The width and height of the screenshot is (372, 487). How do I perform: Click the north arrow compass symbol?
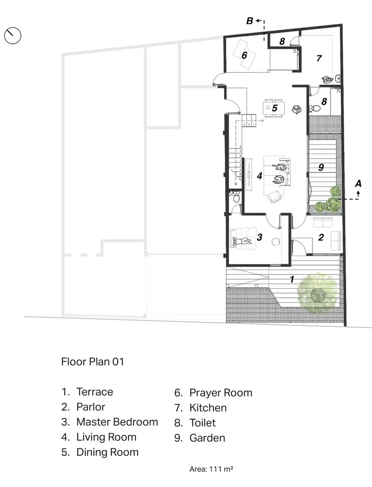(x=13, y=36)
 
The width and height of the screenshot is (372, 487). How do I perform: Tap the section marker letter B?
(x=249, y=21)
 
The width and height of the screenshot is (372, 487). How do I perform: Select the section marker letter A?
(x=358, y=184)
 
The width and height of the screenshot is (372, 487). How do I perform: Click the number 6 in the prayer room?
(x=244, y=56)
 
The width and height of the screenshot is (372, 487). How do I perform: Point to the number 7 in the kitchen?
(x=319, y=58)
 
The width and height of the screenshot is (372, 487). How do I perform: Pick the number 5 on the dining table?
(x=274, y=108)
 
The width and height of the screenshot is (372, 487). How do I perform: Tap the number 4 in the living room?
(x=260, y=176)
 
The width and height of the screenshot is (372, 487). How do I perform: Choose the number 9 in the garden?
(x=320, y=168)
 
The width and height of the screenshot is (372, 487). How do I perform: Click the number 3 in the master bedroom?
(x=260, y=237)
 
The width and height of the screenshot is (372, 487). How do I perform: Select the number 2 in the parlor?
(x=320, y=238)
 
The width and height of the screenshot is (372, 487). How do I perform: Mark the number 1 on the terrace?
(x=292, y=280)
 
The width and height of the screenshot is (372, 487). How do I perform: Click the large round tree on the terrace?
(x=317, y=293)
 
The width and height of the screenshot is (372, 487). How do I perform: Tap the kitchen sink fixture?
(x=328, y=78)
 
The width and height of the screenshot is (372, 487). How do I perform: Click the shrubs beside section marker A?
(x=330, y=200)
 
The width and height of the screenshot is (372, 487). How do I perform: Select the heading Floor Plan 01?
(x=93, y=362)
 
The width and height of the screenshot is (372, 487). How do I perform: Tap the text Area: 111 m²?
(x=211, y=469)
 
